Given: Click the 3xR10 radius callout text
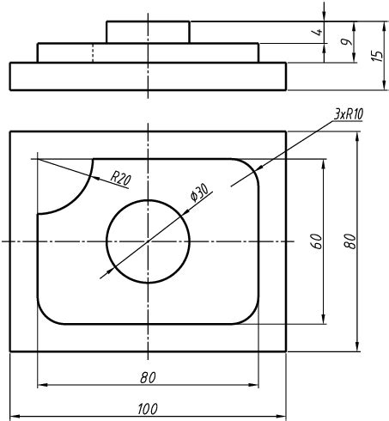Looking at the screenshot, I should point(347,114).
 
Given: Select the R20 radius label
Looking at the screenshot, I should point(120,178).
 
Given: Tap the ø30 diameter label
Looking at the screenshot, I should point(198,192).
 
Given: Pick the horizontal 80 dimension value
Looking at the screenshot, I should point(148,376).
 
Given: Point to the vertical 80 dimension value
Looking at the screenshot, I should point(349,241).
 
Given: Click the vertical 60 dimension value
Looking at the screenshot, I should point(316,241).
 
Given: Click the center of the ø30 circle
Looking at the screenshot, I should point(148,241).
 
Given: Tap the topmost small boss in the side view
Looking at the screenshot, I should point(148,32).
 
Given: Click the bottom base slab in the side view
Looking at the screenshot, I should point(148,76).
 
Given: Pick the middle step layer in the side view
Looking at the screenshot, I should point(148,52).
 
